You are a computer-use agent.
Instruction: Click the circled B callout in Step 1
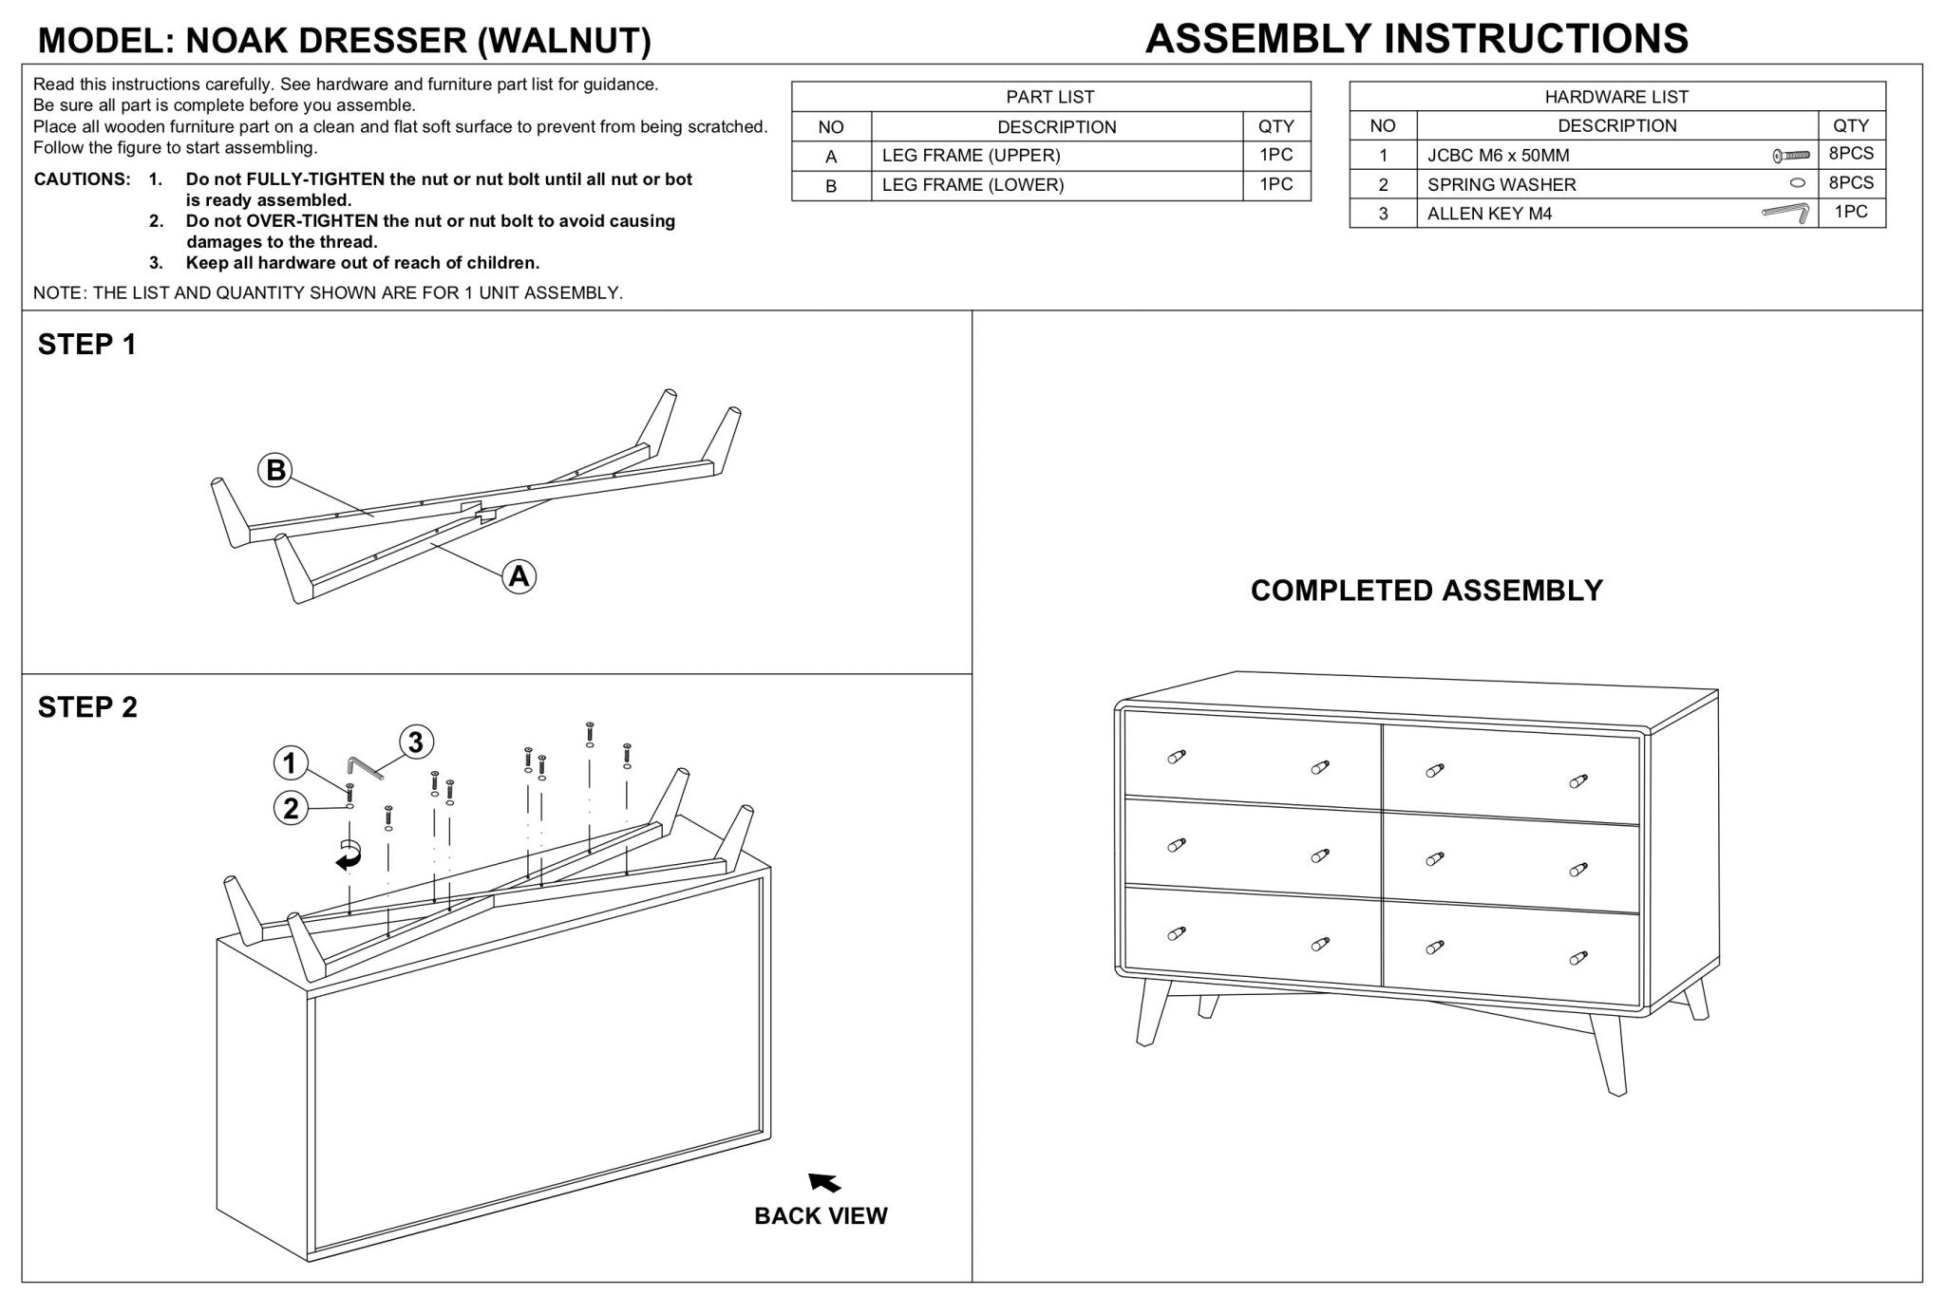click(x=275, y=470)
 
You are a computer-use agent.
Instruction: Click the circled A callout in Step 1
click(x=519, y=575)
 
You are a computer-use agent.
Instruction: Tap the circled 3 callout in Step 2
click(x=415, y=742)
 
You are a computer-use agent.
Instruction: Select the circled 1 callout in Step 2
click(x=291, y=762)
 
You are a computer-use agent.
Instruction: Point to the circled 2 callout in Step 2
click(x=291, y=808)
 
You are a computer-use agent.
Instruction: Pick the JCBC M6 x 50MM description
click(x=1498, y=156)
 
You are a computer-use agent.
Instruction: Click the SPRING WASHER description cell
click(x=1501, y=184)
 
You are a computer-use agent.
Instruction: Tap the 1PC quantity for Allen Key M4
click(x=1850, y=212)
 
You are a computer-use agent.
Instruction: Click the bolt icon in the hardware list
click(x=1790, y=155)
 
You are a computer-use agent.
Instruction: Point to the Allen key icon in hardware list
click(x=1784, y=214)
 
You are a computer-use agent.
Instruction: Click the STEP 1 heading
click(x=87, y=345)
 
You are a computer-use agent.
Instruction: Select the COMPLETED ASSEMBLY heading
click(x=1426, y=591)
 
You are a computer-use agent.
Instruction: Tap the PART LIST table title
click(x=1049, y=97)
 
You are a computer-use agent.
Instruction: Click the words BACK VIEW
click(x=821, y=1216)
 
